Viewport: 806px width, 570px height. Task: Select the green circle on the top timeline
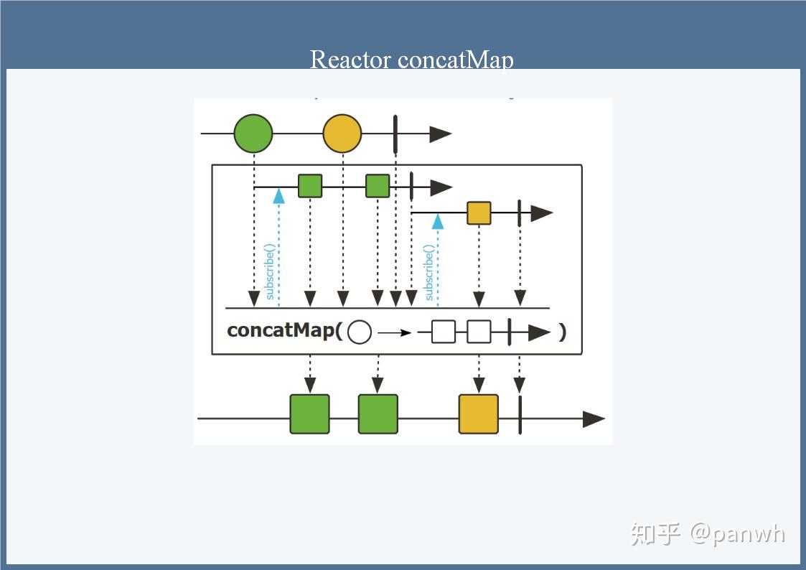tap(253, 134)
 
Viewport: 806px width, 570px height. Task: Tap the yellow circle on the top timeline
tap(342, 134)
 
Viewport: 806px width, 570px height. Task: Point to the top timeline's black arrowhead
tap(440, 134)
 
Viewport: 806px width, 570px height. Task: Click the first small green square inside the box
tap(310, 186)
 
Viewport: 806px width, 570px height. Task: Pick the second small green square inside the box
tap(378, 186)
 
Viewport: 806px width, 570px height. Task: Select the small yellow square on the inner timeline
tap(479, 213)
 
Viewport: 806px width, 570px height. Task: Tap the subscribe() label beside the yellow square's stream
tap(428, 272)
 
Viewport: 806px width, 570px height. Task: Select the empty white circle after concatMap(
tap(360, 332)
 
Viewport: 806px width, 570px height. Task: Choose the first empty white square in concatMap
tap(444, 332)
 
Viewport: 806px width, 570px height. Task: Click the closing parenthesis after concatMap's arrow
tap(562, 332)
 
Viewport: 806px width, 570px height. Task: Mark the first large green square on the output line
tap(309, 414)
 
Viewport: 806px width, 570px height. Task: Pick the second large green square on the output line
tap(378, 414)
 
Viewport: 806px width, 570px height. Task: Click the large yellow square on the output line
tap(479, 414)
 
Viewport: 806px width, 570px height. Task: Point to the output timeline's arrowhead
tap(593, 419)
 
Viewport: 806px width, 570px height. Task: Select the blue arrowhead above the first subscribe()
tap(278, 195)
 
